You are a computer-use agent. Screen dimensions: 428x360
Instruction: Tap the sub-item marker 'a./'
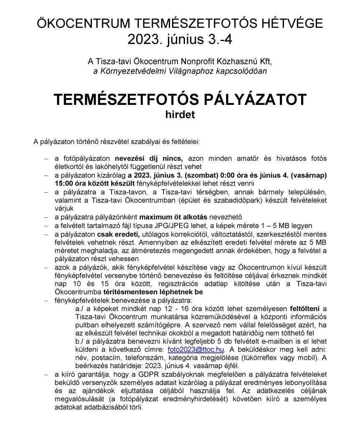[79, 309]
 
